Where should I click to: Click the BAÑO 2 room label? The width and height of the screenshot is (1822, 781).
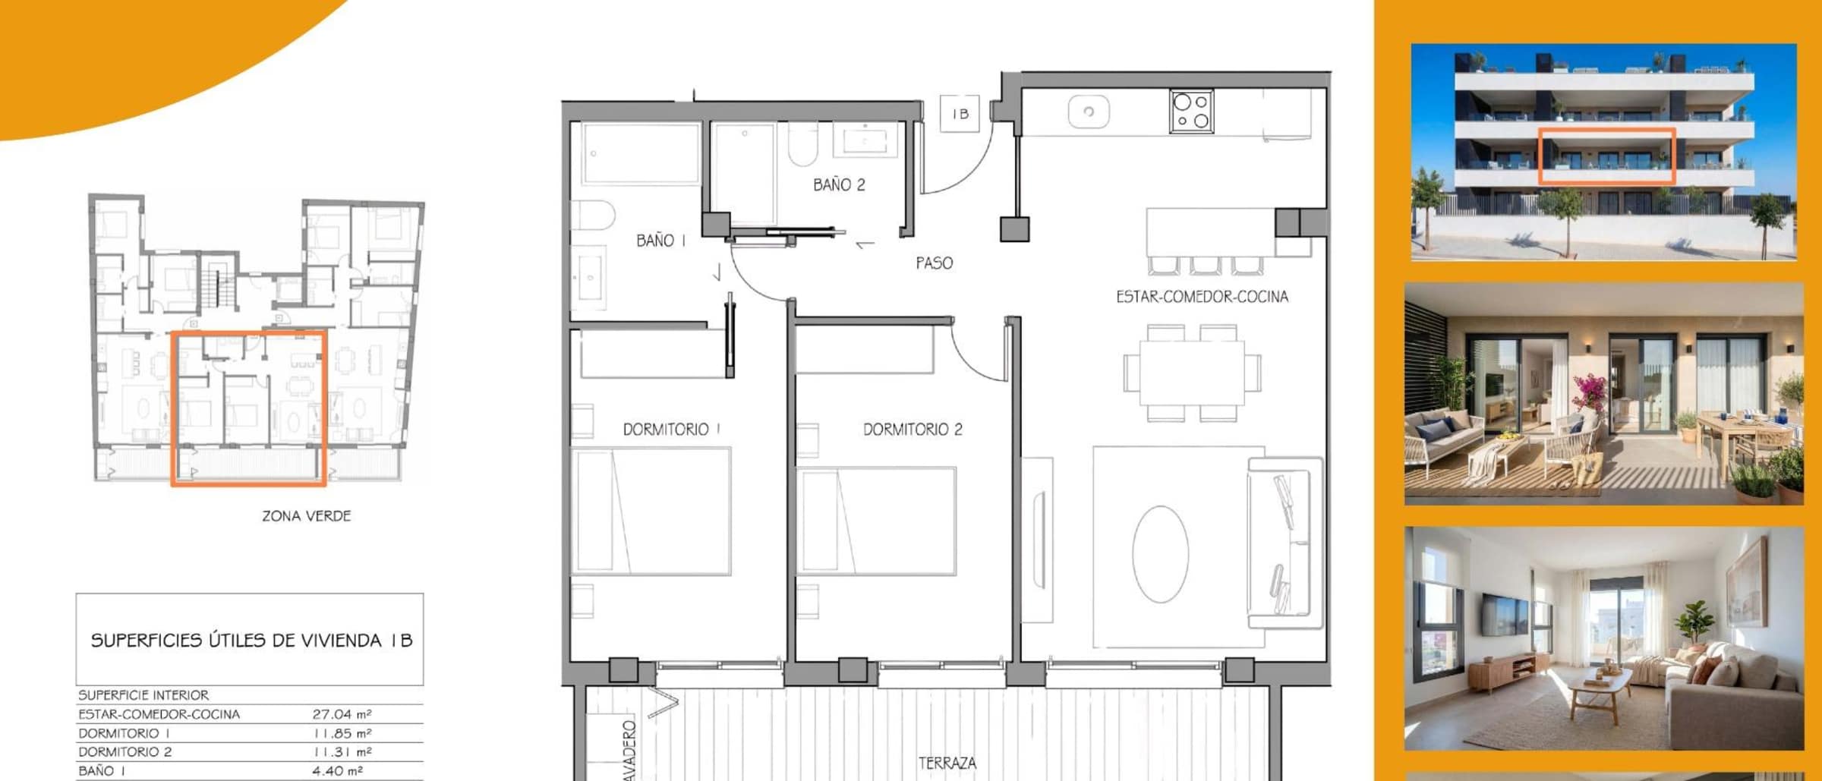click(x=839, y=184)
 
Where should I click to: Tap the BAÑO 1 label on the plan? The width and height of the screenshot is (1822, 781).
click(x=661, y=241)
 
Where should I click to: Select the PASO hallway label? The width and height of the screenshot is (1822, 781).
click(x=934, y=263)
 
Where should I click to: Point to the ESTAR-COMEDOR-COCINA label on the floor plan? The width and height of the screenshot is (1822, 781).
click(x=1202, y=297)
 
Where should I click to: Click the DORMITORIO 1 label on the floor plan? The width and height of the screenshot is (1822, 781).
click(x=671, y=430)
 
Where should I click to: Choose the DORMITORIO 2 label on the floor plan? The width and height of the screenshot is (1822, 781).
click(x=913, y=430)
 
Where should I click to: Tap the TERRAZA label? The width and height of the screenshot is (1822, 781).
click(x=947, y=763)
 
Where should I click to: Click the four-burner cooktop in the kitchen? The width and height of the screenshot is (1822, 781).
click(x=1191, y=112)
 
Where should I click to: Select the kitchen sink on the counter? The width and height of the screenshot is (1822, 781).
click(x=1089, y=112)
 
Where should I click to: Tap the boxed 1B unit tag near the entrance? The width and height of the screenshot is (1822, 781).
click(x=960, y=114)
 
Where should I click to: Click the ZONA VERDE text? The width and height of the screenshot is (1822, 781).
click(x=307, y=516)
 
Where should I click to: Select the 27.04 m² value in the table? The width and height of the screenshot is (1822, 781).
click(x=342, y=714)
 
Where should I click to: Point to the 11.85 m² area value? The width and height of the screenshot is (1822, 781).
click(x=342, y=733)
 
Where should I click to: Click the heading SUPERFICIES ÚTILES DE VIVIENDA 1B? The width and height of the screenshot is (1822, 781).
click(x=251, y=641)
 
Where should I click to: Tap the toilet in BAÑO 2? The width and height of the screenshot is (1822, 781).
click(x=802, y=144)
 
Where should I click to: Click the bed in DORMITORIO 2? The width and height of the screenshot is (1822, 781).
click(x=876, y=521)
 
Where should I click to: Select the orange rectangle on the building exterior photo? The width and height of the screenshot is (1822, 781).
click(x=1606, y=156)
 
